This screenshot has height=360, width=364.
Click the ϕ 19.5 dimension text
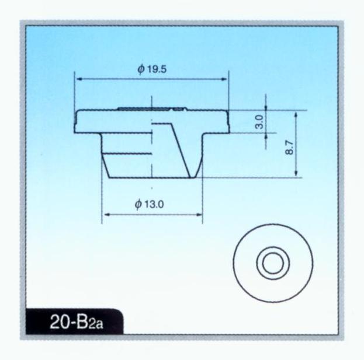[152, 69]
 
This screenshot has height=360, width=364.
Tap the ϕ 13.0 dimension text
[149, 204]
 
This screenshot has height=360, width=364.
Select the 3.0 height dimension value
[260, 121]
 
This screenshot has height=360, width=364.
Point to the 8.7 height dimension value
[289, 148]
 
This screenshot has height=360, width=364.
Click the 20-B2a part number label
[77, 322]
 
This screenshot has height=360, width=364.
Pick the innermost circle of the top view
[273, 263]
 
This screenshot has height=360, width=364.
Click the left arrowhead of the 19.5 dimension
[79, 79]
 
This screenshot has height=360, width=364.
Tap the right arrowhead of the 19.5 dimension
[224, 79]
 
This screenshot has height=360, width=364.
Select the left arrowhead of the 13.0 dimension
[107, 214]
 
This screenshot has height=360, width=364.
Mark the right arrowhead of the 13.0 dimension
[199, 214]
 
